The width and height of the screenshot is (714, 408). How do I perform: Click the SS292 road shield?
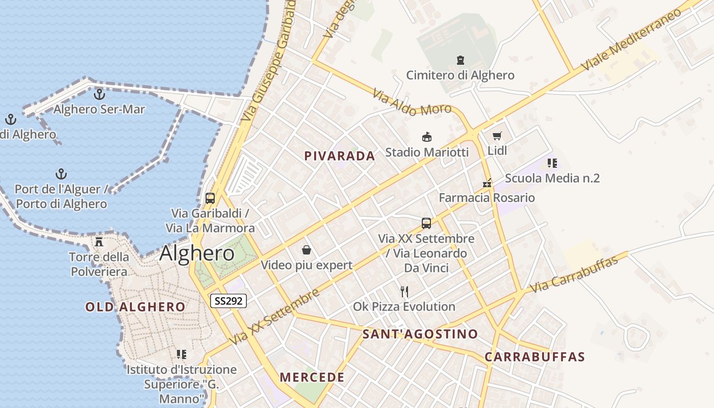coord(228,301)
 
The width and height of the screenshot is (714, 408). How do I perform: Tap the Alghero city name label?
coord(197,253)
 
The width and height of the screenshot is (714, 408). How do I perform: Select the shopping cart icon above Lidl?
coord(497,136)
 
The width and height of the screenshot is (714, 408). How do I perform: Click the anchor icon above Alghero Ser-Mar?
coord(99,94)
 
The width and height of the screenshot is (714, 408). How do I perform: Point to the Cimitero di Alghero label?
coord(460,75)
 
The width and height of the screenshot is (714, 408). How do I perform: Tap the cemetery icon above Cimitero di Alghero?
coord(461,60)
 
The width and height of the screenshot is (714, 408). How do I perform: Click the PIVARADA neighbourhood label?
coord(340,156)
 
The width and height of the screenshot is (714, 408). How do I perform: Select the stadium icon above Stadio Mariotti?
coord(427,137)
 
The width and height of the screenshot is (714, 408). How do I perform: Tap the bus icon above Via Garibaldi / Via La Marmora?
coord(210,198)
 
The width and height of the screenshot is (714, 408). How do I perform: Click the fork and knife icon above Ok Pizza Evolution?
coord(404,291)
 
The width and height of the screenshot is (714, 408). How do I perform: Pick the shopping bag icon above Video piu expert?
coord(307,250)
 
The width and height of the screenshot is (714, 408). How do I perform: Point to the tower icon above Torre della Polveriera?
coord(99,241)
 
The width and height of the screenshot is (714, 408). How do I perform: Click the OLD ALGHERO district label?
coord(135,307)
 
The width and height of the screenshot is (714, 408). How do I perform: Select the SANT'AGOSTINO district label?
coord(420,335)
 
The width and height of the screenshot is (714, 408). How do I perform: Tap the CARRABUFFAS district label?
coord(534,357)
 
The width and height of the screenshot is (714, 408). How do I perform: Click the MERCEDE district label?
coord(312,378)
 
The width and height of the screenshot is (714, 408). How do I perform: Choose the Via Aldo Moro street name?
coord(412,102)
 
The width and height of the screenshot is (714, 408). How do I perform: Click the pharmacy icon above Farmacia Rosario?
coord(487,183)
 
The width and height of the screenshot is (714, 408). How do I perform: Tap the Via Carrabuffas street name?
coord(574,274)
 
